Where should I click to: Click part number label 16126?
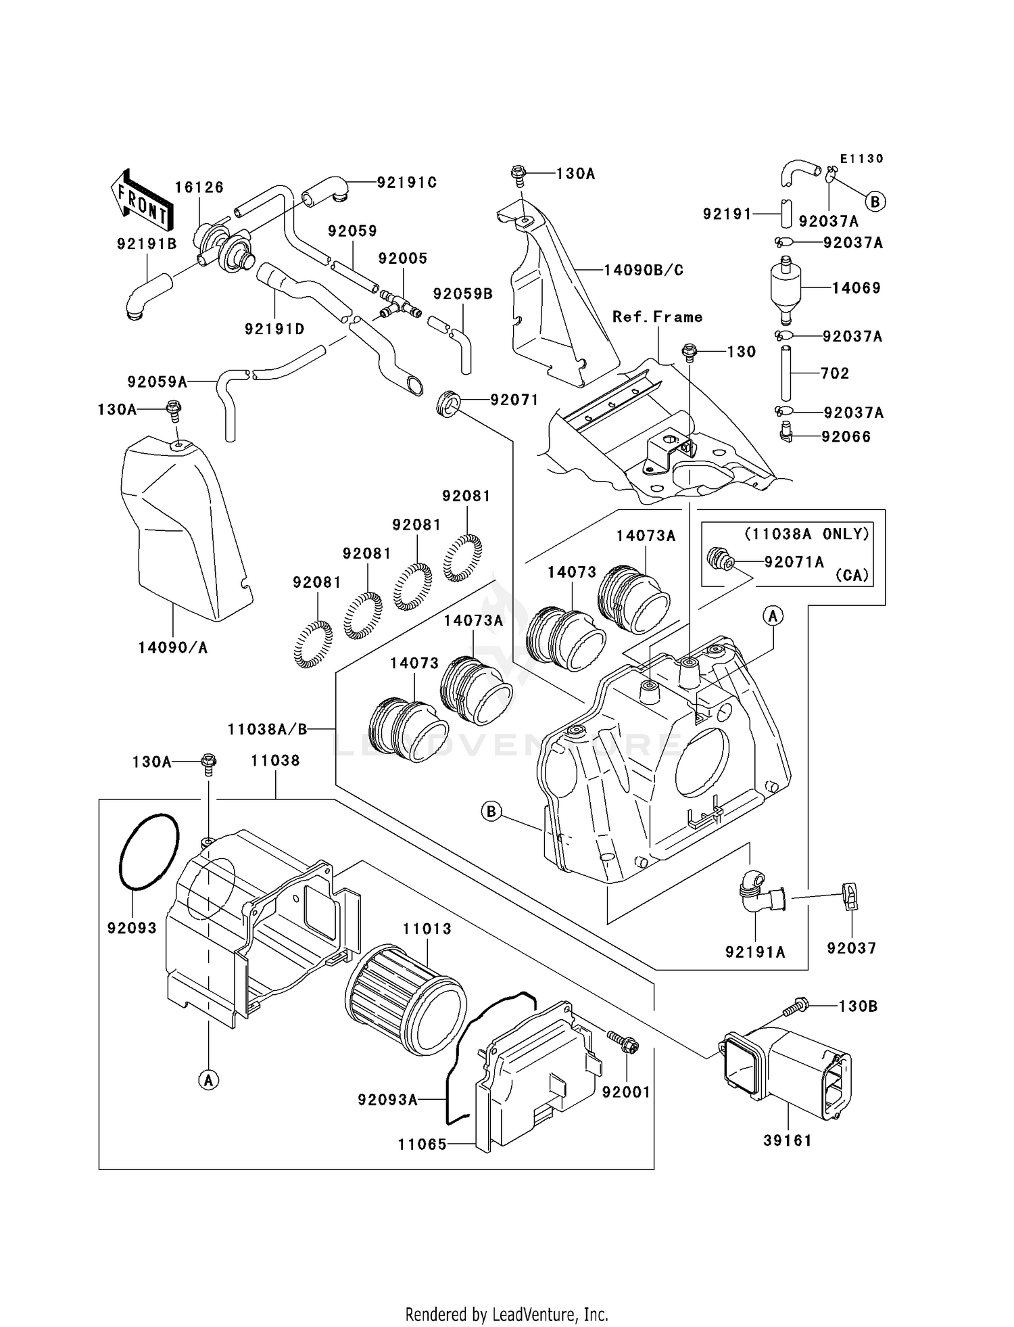[x=199, y=187]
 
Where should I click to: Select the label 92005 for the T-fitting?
[x=402, y=258]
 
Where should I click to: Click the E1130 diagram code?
[x=861, y=159]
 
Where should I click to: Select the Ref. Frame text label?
[x=657, y=317]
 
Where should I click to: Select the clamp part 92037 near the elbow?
[x=850, y=897]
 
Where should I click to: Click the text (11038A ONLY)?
[x=806, y=534]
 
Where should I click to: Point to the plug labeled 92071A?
[x=719, y=560]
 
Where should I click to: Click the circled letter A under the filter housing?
[x=208, y=1080]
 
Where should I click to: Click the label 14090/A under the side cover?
[x=172, y=648]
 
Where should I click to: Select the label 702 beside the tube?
[x=834, y=373]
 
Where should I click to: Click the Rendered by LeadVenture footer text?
[x=506, y=1314]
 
